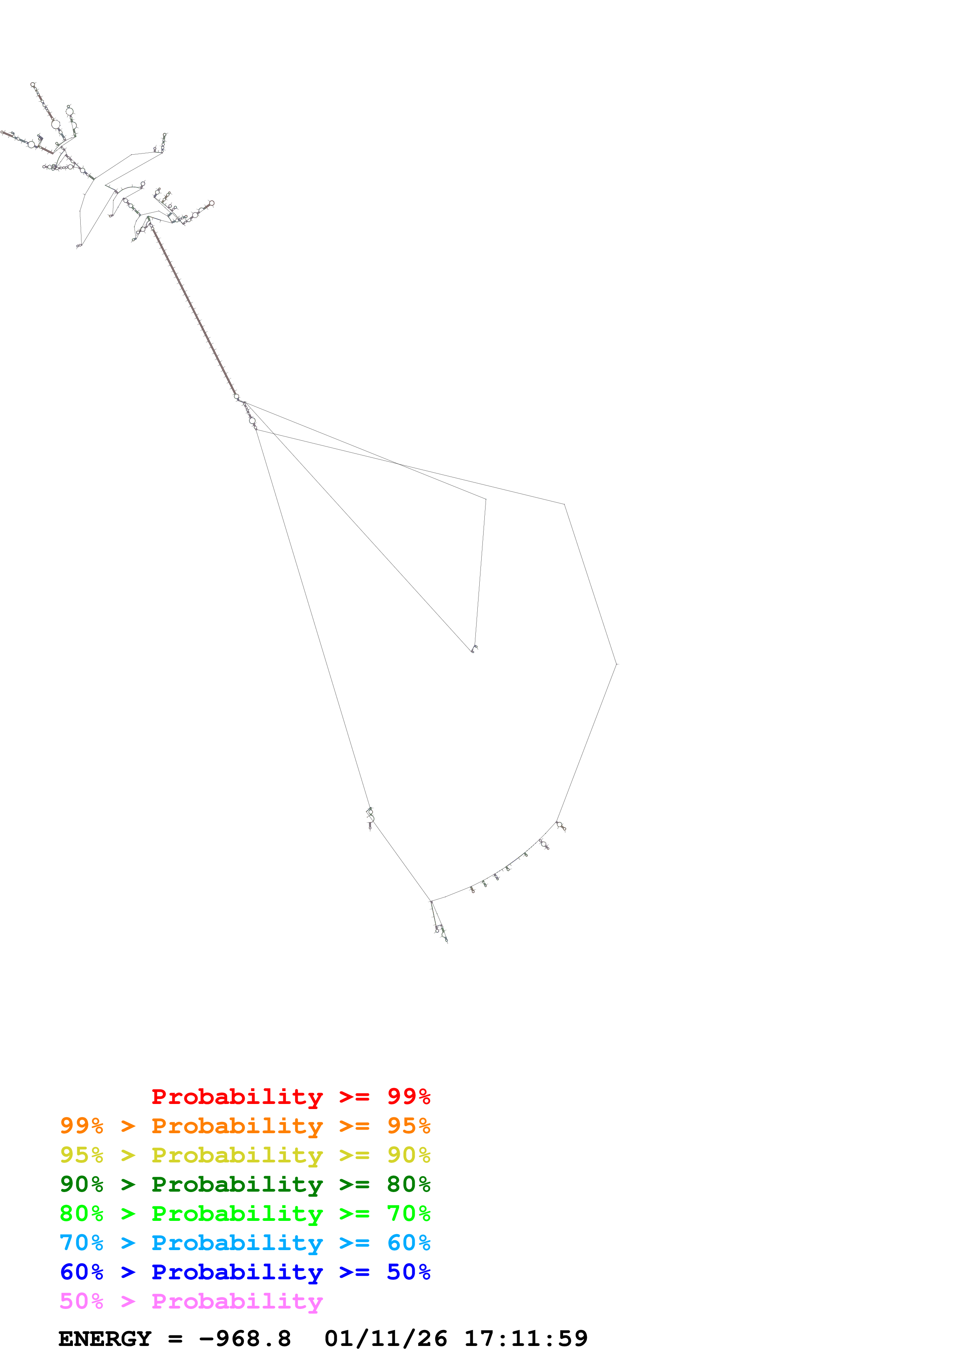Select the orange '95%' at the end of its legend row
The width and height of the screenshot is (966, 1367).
408,1126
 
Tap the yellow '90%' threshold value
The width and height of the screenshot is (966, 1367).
408,1155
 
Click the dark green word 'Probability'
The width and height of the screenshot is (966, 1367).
237,1184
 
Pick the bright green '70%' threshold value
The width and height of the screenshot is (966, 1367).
408,1213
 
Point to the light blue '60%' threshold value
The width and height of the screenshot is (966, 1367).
408,1243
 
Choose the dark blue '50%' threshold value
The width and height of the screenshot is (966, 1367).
408,1272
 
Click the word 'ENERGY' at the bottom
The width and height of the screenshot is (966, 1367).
105,1339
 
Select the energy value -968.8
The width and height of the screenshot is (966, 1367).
245,1339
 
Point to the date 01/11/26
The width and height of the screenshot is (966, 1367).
386,1339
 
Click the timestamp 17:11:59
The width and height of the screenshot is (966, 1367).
526,1339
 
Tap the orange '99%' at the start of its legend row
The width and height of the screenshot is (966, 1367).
81,1126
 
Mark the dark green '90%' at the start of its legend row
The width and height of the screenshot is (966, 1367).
81,1184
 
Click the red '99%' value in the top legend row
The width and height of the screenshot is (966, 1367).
408,1097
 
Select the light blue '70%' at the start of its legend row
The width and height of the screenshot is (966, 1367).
81,1243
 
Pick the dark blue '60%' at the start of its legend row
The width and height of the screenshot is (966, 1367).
81,1272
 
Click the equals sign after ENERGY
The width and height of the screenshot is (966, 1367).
175,1339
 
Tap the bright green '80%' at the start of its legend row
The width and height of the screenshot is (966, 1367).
81,1213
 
